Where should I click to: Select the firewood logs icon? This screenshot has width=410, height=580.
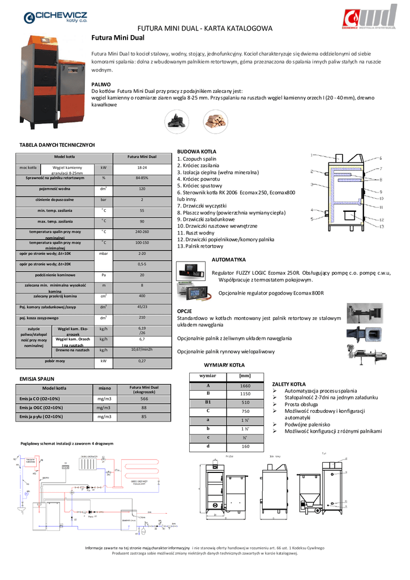(213, 120)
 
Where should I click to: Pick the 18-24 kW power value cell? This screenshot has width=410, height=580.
(142, 168)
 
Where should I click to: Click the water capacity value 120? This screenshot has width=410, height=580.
(142, 189)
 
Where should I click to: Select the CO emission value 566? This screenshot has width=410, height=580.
(144, 399)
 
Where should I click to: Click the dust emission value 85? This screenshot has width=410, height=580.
(144, 416)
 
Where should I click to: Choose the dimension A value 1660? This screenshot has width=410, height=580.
(245, 385)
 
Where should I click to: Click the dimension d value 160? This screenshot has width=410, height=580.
(245, 446)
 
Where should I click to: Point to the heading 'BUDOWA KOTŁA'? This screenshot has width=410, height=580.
(197, 152)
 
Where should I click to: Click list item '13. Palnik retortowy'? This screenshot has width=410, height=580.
(200, 246)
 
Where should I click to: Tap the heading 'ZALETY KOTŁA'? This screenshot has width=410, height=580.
(289, 383)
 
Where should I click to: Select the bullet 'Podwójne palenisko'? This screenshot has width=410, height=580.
(309, 424)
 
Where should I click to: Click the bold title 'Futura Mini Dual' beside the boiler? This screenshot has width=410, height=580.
(118, 38)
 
